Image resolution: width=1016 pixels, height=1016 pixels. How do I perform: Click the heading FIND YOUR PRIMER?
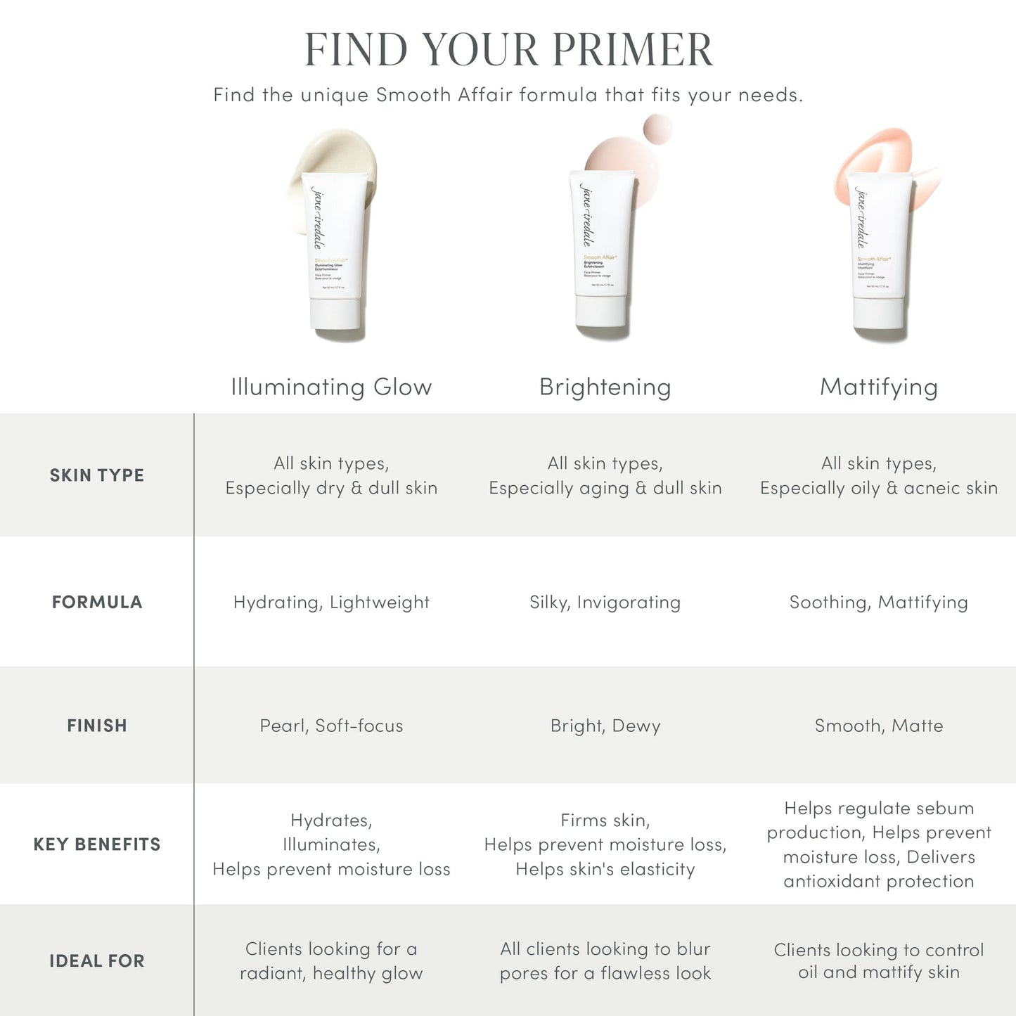[x=508, y=50]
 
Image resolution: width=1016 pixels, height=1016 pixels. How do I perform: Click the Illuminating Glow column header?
[x=331, y=387]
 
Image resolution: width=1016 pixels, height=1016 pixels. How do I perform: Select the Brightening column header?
[x=605, y=387]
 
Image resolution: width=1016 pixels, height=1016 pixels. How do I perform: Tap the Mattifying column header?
[x=878, y=387]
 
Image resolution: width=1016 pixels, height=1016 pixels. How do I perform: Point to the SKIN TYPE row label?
[x=97, y=475]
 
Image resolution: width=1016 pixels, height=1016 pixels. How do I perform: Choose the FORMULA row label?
[x=97, y=602]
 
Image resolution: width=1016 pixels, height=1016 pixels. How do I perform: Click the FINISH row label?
[x=97, y=726]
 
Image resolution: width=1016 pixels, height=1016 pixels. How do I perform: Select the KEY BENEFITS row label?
[x=97, y=844]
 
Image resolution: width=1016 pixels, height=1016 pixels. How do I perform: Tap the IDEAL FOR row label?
[x=97, y=961]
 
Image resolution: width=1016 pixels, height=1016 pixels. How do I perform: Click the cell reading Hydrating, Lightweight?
[x=331, y=602]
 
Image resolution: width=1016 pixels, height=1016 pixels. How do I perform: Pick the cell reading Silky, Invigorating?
[x=605, y=602]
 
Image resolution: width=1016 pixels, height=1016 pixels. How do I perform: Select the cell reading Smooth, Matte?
[x=878, y=726]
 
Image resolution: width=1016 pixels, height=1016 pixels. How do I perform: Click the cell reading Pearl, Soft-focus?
[x=331, y=726]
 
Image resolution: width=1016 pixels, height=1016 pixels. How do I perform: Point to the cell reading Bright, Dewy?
[x=605, y=726]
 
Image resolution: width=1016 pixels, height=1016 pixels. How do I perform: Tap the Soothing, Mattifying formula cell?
[x=878, y=602]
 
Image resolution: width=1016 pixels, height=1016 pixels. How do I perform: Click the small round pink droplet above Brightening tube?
[x=657, y=129]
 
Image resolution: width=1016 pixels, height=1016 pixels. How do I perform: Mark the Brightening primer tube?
[x=603, y=246]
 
